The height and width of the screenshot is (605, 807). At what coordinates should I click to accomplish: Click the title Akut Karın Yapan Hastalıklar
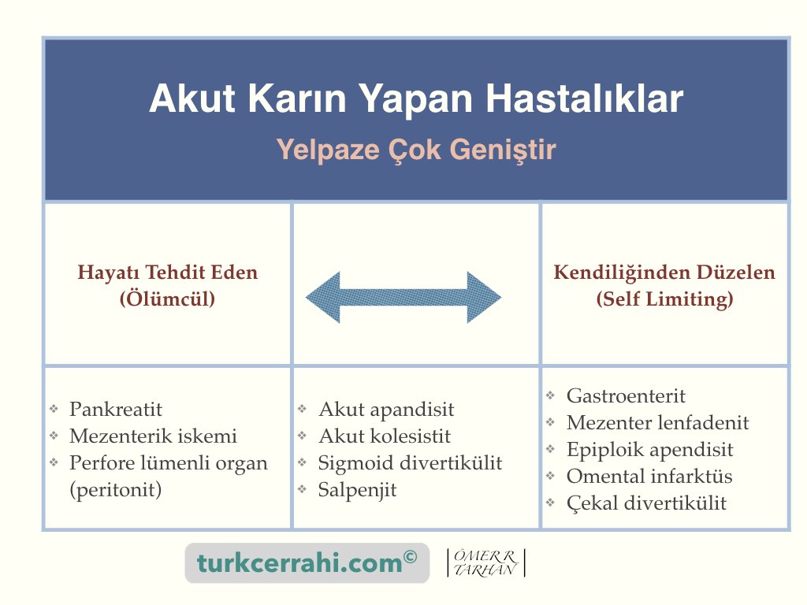pyautogui.click(x=416, y=98)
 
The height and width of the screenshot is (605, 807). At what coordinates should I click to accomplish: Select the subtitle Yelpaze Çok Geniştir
pyautogui.click(x=416, y=150)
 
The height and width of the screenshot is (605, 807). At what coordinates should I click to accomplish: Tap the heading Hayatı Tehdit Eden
pyautogui.click(x=167, y=272)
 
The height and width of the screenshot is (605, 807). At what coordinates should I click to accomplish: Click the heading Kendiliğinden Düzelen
pyautogui.click(x=664, y=272)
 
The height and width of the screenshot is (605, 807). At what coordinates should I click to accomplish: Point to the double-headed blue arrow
pyautogui.click(x=403, y=297)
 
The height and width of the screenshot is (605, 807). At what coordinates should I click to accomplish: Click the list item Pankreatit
pyautogui.click(x=116, y=410)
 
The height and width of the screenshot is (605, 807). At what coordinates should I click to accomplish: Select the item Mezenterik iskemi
pyautogui.click(x=154, y=436)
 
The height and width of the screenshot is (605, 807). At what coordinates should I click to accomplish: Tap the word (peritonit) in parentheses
pyautogui.click(x=116, y=490)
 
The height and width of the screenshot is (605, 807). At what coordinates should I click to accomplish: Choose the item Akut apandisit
pyautogui.click(x=386, y=410)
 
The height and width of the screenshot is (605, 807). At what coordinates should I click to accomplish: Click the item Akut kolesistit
pyautogui.click(x=385, y=436)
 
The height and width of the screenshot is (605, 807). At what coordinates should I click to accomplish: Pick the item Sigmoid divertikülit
pyautogui.click(x=410, y=463)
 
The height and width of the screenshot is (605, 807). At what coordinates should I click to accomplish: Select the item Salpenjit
pyautogui.click(x=357, y=490)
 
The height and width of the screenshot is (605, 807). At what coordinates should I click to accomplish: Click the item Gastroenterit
pyautogui.click(x=626, y=396)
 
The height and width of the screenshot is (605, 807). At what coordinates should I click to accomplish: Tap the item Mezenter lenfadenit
pyautogui.click(x=658, y=423)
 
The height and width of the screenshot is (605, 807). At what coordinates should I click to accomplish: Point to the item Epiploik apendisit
pyautogui.click(x=649, y=450)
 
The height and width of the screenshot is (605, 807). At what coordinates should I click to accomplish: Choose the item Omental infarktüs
pyautogui.click(x=649, y=477)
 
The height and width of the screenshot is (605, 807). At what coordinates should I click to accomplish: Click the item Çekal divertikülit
pyautogui.click(x=646, y=503)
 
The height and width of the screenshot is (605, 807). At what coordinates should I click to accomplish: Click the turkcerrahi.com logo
pyautogui.click(x=307, y=562)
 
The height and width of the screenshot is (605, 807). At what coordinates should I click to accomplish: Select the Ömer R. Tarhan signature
pyautogui.click(x=485, y=562)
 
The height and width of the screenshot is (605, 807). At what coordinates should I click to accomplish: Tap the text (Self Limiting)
pyautogui.click(x=664, y=299)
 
